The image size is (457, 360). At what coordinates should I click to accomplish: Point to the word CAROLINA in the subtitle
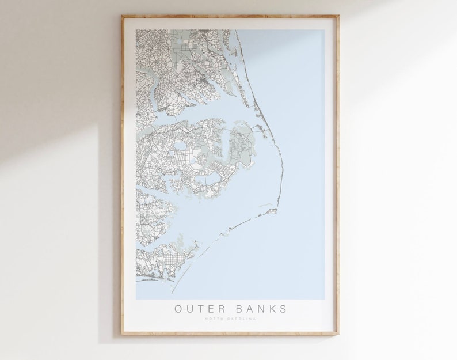(x=243, y=319)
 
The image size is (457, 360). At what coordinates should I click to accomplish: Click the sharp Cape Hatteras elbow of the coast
(x=278, y=209)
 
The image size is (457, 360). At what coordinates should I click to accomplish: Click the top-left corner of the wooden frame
(x=122, y=16)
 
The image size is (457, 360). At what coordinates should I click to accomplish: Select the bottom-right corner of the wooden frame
(x=339, y=334)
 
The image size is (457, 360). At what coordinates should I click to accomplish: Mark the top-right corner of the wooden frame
(x=339, y=16)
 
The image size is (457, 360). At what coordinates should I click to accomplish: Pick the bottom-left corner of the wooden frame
(x=122, y=334)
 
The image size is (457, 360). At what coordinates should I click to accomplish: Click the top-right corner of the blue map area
(x=325, y=30)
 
